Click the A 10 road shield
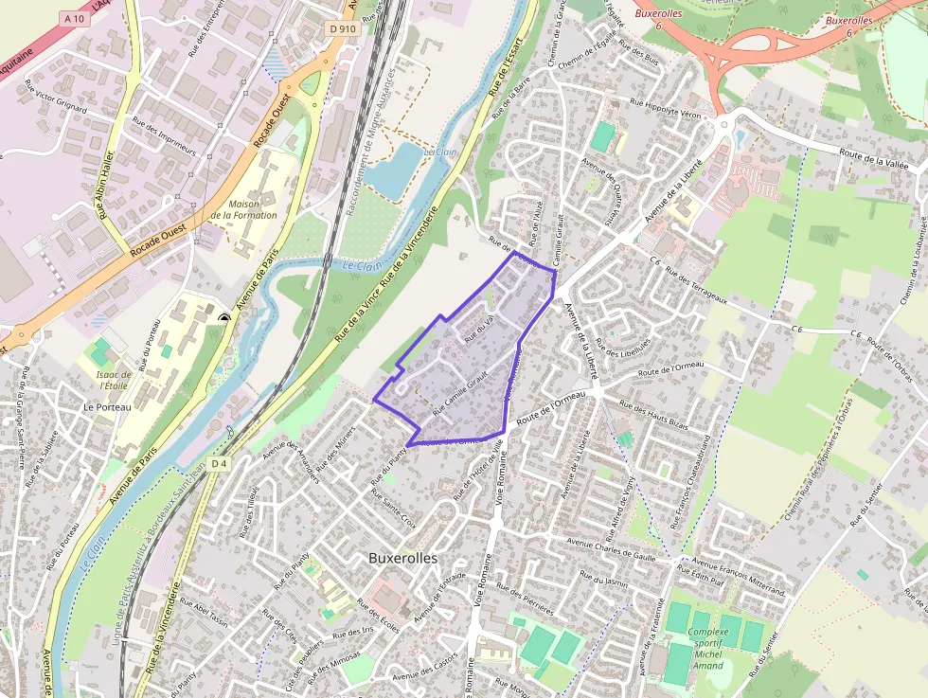[x=75, y=19]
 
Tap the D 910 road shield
[x=342, y=29]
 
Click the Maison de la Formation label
[x=243, y=209]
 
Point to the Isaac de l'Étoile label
[x=114, y=380]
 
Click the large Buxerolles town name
[x=402, y=559]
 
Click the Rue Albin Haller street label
[x=103, y=186]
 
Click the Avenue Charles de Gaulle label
[x=611, y=547]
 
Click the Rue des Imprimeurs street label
[x=165, y=136]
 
